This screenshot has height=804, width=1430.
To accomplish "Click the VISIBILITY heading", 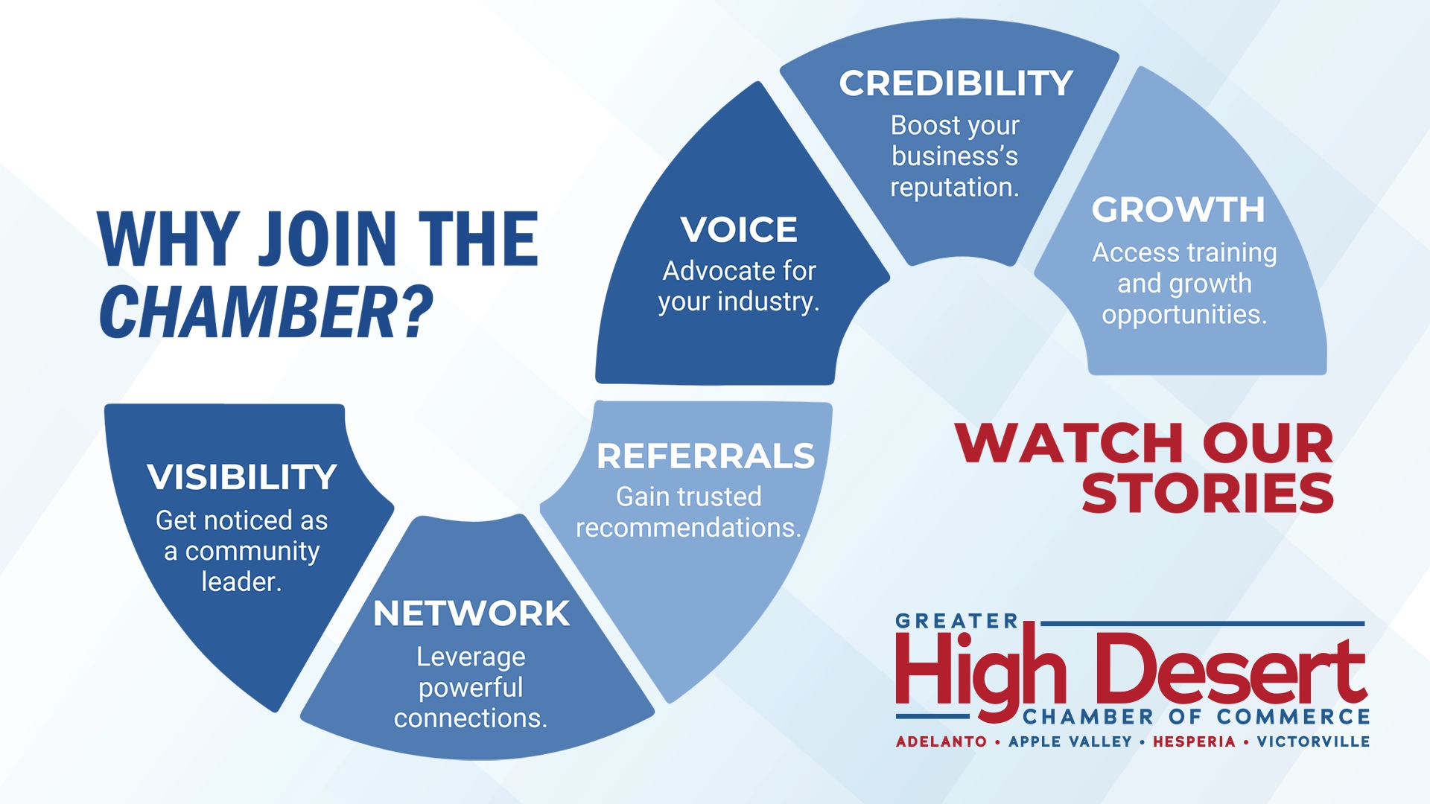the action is [x=242, y=477].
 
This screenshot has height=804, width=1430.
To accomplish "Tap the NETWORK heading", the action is [x=471, y=613].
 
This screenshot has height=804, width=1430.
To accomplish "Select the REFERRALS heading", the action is [x=705, y=456].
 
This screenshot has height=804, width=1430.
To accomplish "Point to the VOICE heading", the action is [x=739, y=229].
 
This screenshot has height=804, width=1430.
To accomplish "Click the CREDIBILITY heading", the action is [x=956, y=83].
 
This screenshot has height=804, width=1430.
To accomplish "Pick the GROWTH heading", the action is [x=1178, y=210].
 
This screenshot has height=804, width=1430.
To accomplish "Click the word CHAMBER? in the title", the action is [x=267, y=312].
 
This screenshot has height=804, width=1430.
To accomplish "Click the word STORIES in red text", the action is [x=1207, y=493].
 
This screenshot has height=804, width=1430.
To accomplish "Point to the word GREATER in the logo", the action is [x=956, y=621].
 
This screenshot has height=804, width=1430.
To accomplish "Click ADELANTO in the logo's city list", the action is [x=941, y=741].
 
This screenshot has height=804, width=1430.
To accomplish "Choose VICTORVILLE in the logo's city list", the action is [x=1314, y=741].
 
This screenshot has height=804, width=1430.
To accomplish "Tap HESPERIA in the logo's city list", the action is [x=1194, y=741].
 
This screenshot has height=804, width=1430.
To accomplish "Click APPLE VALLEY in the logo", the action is [x=1070, y=741].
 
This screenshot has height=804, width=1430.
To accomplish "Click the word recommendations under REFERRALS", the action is [x=689, y=528].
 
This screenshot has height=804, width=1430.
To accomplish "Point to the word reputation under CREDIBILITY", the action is [x=955, y=188].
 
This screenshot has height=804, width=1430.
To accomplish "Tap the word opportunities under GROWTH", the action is [x=1184, y=315].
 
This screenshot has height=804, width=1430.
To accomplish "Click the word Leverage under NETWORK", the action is [x=471, y=657].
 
